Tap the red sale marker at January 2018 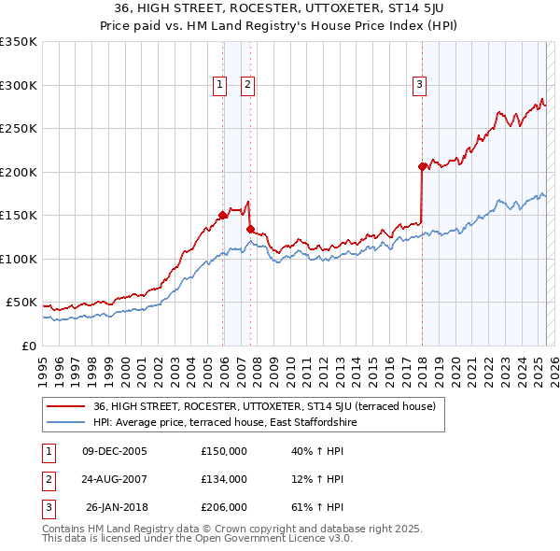pos(422,167)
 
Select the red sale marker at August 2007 pos(250,229)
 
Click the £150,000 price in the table pos(224,451)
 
